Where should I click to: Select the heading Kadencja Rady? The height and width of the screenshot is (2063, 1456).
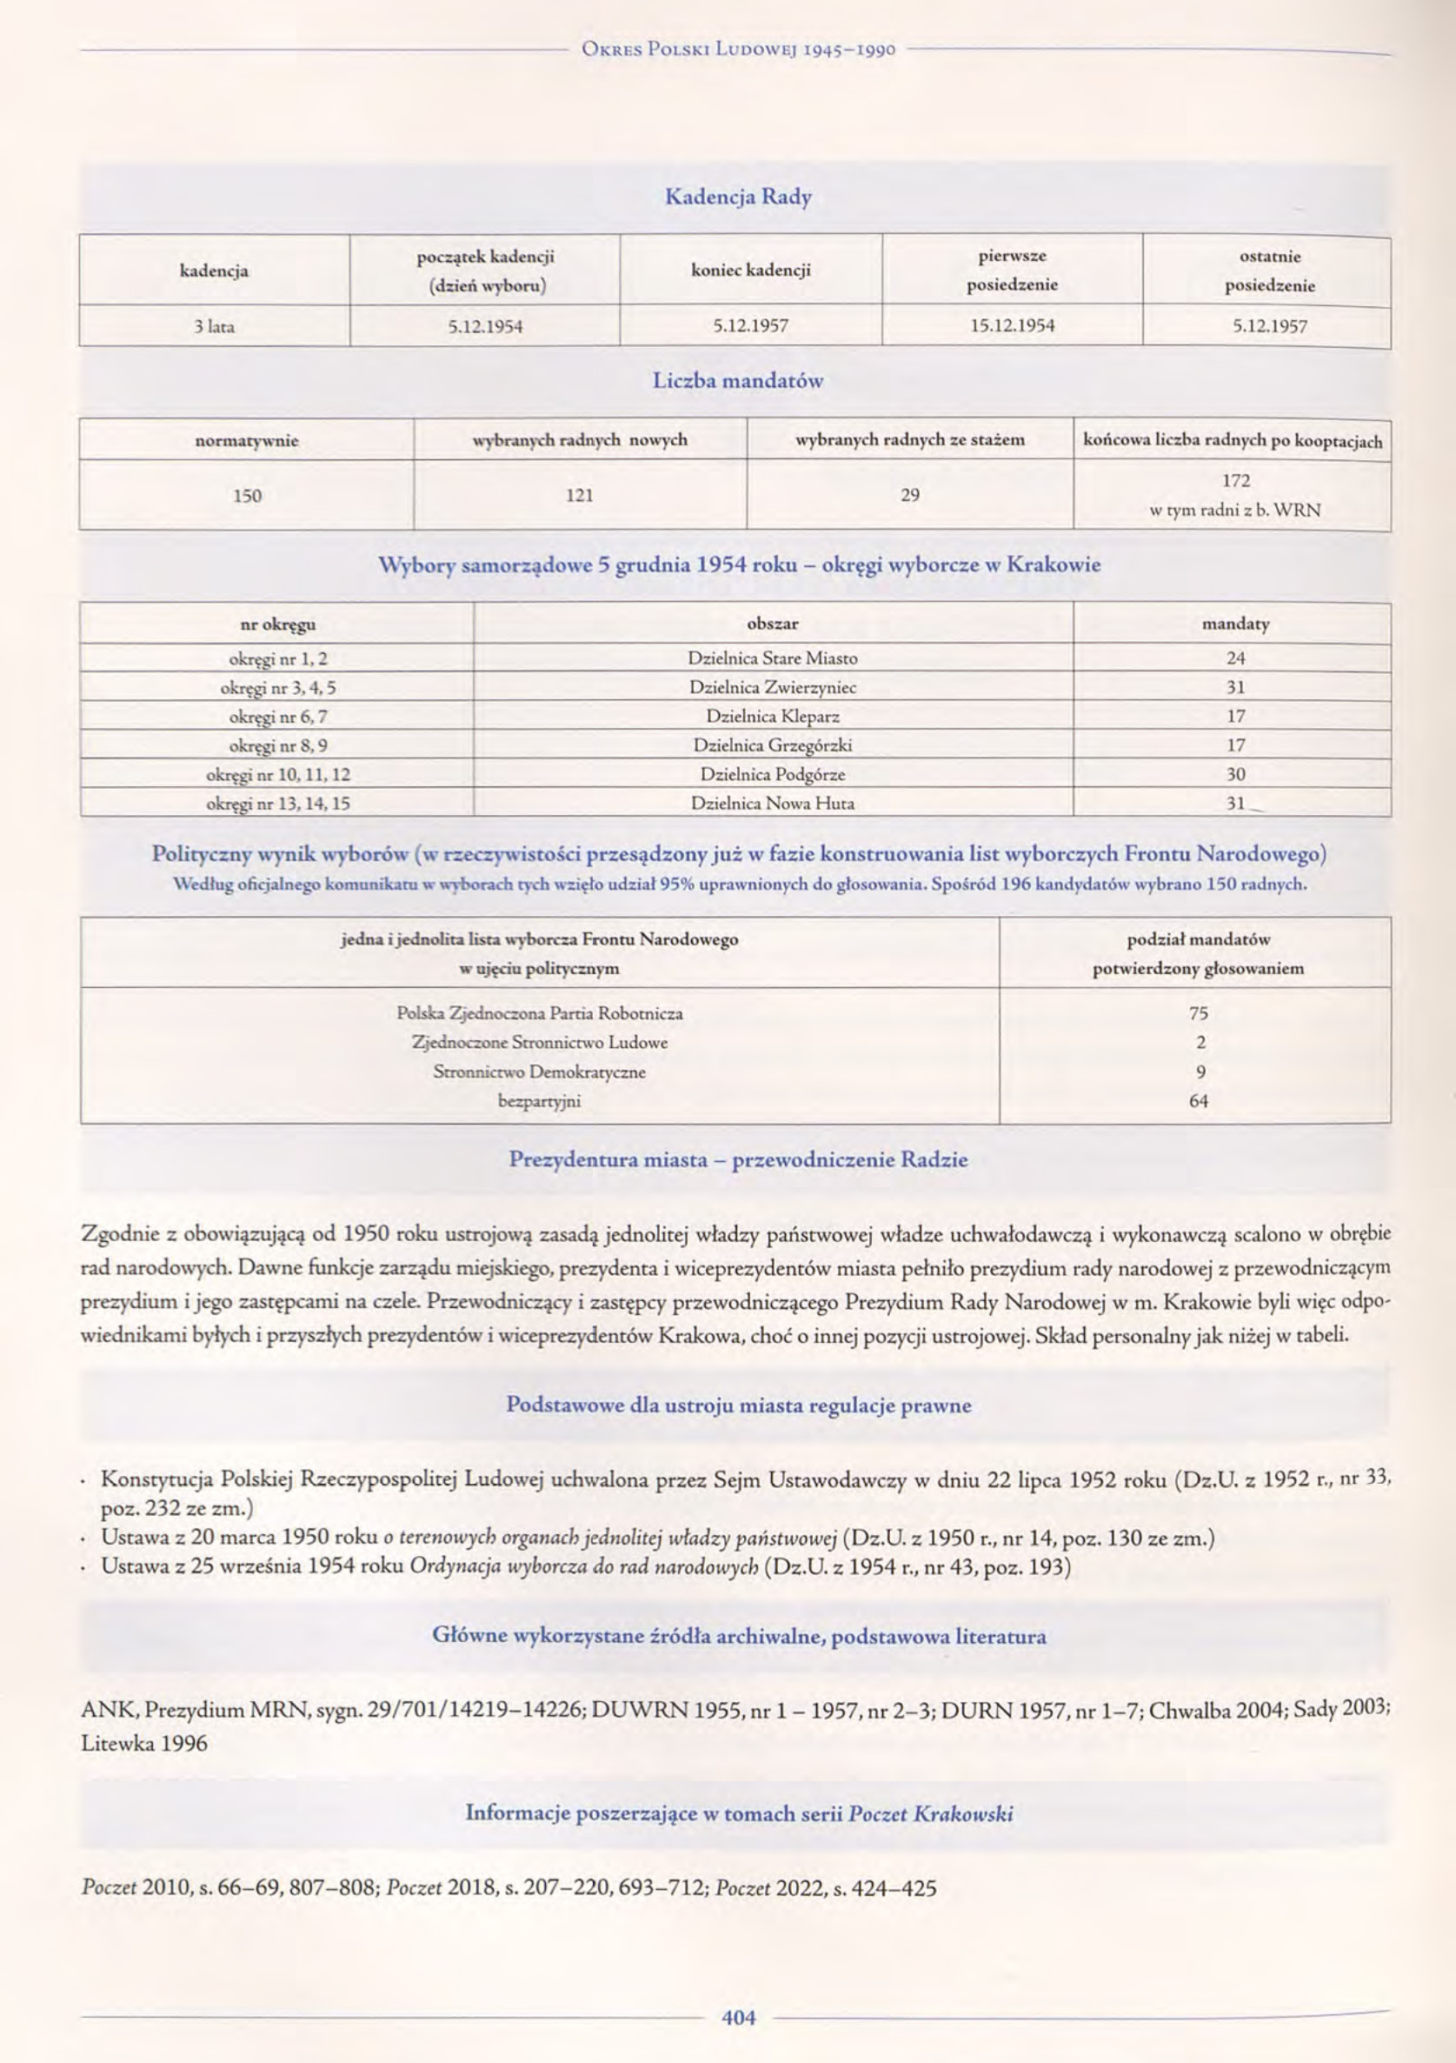click(737, 197)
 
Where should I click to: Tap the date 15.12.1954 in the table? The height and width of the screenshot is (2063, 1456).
click(1013, 326)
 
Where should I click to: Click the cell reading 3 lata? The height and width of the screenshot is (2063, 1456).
click(214, 327)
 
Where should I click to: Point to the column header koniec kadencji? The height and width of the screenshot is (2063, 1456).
click(751, 270)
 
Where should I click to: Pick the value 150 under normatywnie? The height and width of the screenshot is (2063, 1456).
click(247, 495)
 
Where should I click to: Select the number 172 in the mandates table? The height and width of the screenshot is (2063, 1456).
click(1236, 481)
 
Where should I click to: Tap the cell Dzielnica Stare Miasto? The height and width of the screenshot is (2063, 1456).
click(773, 658)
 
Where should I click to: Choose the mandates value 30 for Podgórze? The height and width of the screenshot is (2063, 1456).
click(1236, 774)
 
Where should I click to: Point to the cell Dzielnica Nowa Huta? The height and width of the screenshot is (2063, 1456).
click(773, 804)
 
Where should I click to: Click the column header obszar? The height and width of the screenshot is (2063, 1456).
click(773, 624)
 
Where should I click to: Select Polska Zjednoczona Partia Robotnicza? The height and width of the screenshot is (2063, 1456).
click(540, 1013)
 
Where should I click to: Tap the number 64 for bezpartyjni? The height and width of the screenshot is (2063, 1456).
click(1198, 1101)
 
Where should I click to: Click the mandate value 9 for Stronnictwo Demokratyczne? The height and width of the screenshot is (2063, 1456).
click(1200, 1072)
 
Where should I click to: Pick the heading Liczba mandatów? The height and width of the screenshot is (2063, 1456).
click(737, 381)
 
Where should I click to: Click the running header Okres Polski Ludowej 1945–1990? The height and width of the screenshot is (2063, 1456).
click(738, 50)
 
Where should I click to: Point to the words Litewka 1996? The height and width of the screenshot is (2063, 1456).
click(143, 1744)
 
